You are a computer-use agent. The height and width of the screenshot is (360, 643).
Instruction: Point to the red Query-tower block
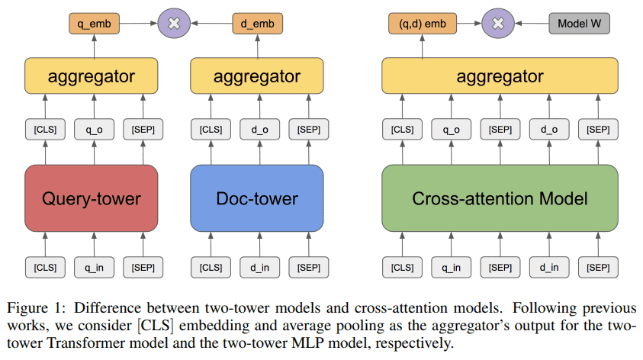[92, 199]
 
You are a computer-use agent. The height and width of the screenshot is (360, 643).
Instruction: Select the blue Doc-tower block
[256, 199]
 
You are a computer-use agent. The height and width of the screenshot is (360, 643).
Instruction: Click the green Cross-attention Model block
[500, 199]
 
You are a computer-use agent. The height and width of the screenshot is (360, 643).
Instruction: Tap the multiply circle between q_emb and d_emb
[173, 23]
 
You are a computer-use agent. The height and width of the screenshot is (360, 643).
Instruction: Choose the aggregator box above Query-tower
[92, 76]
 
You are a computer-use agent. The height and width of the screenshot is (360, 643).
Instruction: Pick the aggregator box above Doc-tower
[256, 76]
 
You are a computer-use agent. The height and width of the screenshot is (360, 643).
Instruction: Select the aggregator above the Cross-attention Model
[500, 76]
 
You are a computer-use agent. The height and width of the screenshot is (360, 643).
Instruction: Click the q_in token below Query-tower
[94, 267]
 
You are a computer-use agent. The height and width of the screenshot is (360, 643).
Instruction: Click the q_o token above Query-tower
[94, 129]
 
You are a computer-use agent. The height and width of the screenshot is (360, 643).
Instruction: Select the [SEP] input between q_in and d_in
[500, 267]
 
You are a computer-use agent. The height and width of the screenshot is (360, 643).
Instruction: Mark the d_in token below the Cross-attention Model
[549, 267]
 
